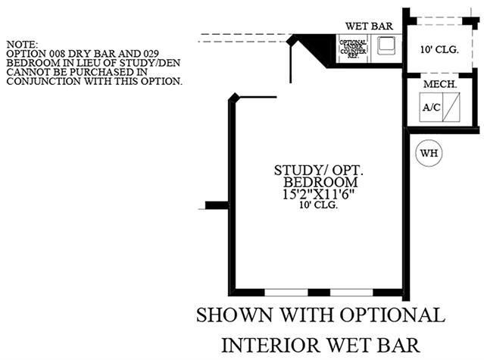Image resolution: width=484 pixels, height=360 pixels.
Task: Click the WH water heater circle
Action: coord(429,152)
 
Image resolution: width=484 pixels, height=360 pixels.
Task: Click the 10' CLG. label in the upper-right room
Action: coord(439,50)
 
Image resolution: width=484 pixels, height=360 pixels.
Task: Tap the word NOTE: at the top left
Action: coord(20,45)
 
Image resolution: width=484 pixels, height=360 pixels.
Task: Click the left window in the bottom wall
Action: coord(286,293)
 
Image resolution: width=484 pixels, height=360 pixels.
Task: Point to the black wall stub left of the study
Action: coord(217,205)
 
